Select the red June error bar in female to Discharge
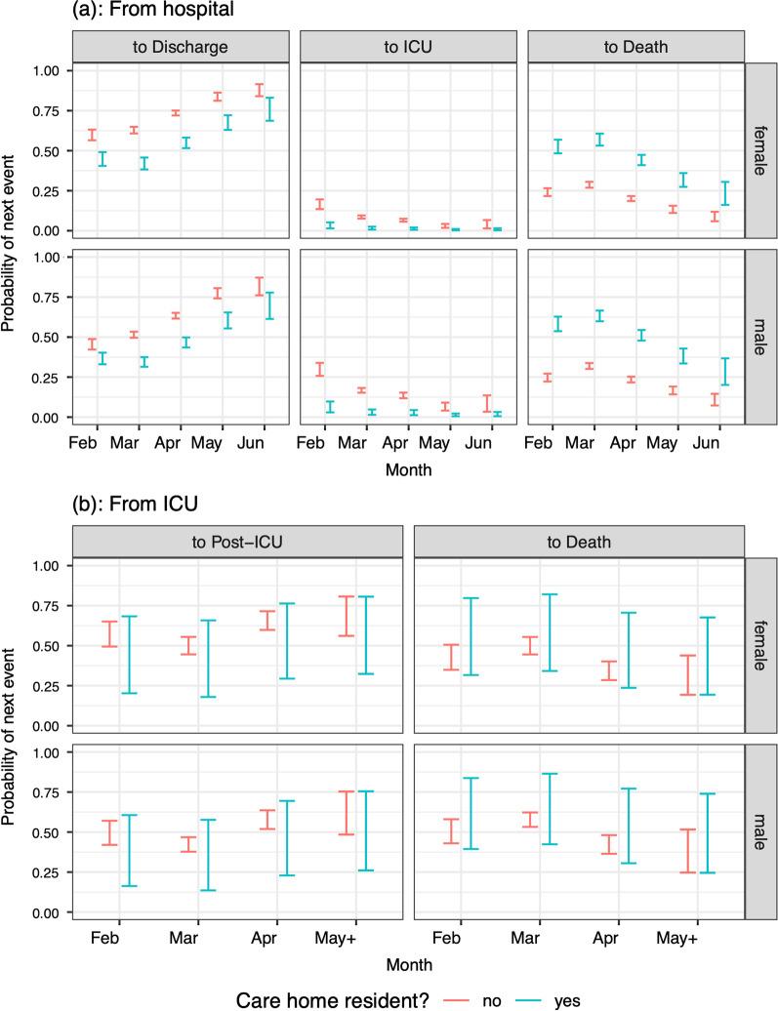[259, 90]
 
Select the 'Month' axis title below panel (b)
[408, 962]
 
